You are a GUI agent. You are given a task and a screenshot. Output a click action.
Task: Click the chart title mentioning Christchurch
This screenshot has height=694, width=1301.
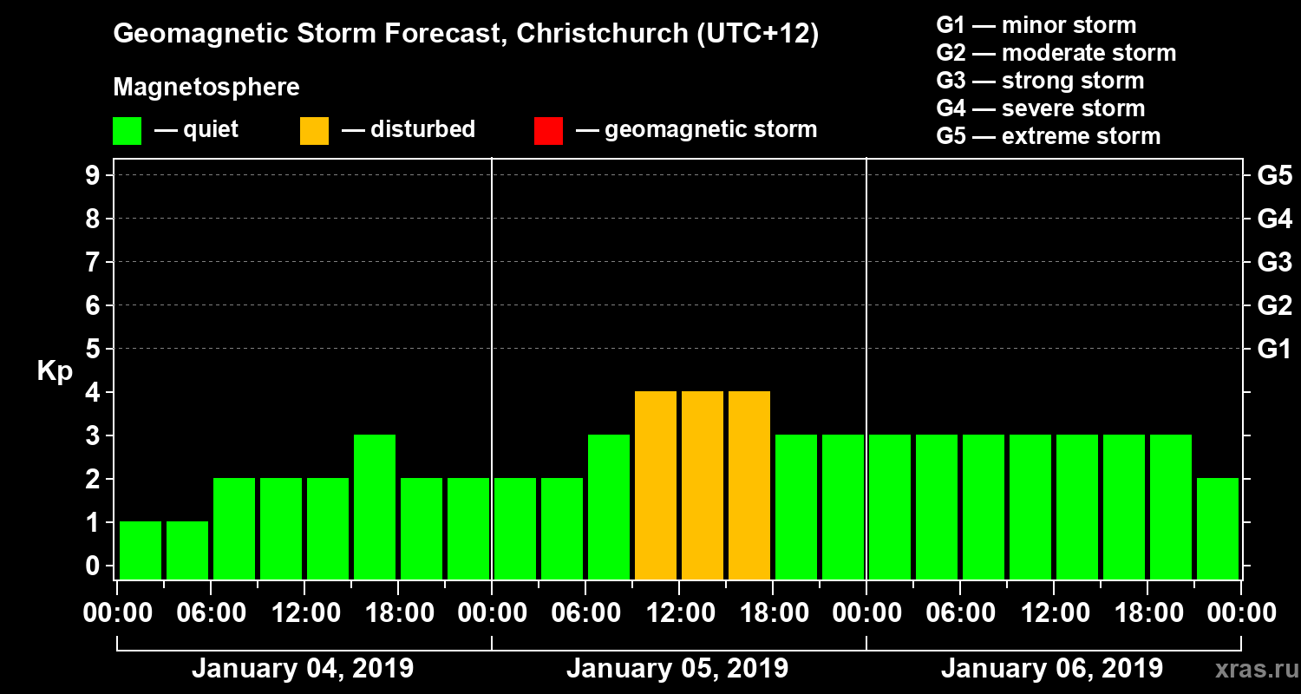click(466, 35)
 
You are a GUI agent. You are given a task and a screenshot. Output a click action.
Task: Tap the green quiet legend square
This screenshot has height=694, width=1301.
click(127, 131)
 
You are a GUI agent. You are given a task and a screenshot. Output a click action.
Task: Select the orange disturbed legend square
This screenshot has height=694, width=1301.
click(314, 131)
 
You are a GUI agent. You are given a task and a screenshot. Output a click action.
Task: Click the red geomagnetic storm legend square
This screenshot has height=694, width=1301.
click(548, 131)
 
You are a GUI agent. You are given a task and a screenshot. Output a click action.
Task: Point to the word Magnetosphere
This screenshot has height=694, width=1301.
click(206, 88)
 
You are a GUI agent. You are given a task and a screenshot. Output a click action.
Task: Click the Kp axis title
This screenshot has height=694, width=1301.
click(55, 371)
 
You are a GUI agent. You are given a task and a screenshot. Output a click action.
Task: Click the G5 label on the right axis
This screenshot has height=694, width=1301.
click(1274, 175)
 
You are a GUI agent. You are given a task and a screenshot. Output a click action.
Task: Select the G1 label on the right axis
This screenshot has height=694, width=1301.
click(1274, 349)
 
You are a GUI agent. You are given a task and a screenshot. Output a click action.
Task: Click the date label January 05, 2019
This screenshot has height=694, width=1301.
click(677, 669)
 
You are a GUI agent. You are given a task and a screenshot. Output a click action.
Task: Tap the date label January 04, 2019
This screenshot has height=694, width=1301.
click(303, 669)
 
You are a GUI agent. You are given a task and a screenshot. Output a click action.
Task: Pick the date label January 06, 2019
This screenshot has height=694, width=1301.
click(1052, 669)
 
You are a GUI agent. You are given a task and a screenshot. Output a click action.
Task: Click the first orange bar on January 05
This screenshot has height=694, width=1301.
click(656, 486)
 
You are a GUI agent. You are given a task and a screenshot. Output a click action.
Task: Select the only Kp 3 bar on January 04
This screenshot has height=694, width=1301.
click(375, 507)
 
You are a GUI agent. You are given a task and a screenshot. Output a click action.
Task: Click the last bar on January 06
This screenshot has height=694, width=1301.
click(1218, 528)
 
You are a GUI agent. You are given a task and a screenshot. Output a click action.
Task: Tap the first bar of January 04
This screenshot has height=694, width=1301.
click(141, 550)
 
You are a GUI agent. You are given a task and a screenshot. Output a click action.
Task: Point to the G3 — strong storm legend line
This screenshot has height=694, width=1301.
click(1040, 81)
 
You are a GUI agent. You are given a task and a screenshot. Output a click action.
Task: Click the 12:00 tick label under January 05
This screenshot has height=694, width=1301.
click(677, 613)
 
